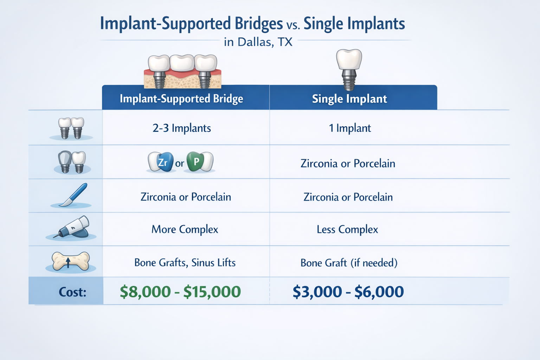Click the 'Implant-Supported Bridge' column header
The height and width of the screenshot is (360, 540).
(181, 99)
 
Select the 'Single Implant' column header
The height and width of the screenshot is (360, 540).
(349, 99)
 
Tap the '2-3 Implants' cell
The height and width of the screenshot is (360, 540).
(182, 128)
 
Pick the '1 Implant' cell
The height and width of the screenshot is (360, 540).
(350, 128)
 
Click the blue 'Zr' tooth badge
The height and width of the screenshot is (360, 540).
(163, 162)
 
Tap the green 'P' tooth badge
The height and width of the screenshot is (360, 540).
(196, 162)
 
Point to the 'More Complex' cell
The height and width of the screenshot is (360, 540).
(185, 229)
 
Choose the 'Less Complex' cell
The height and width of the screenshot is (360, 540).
(347, 229)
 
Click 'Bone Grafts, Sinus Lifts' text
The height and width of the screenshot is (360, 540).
(185, 263)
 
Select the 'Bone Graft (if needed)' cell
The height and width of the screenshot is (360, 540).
(349, 263)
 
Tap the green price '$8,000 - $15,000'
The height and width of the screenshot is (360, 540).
(180, 292)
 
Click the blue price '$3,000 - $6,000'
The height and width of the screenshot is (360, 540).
(348, 292)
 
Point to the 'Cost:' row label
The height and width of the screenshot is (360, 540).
(72, 292)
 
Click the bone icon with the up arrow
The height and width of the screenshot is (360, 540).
(70, 261)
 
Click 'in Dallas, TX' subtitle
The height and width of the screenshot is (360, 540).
(258, 42)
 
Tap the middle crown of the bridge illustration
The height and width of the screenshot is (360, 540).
(182, 63)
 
